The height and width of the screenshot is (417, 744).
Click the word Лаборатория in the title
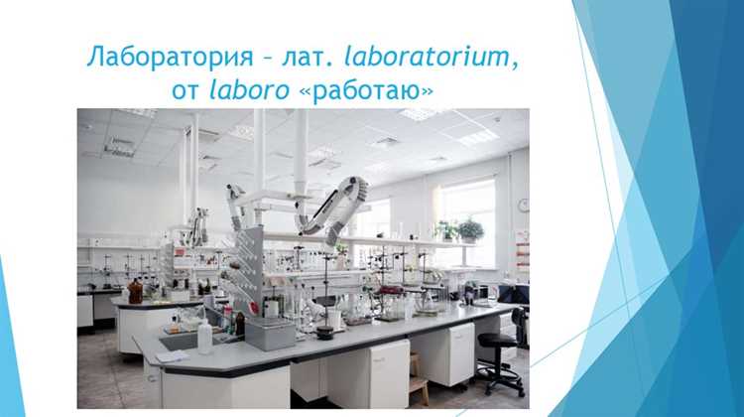(171, 57)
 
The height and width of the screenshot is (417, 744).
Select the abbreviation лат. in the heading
(307, 58)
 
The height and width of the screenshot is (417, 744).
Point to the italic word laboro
(249, 89)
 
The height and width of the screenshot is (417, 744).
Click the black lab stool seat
(497, 341)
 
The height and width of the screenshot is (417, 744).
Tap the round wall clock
(524, 206)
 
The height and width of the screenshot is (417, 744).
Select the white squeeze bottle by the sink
(204, 337)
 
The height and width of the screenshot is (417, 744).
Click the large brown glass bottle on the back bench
(135, 292)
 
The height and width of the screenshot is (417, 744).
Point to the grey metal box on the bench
(270, 334)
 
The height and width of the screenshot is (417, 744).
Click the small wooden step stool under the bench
(418, 378)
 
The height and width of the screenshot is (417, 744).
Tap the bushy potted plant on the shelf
(470, 230)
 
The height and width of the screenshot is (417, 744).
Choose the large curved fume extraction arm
(338, 208)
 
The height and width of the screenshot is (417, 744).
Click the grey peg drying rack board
(250, 268)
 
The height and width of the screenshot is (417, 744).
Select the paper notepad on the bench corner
(172, 356)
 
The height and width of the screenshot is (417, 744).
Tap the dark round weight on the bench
(325, 332)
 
